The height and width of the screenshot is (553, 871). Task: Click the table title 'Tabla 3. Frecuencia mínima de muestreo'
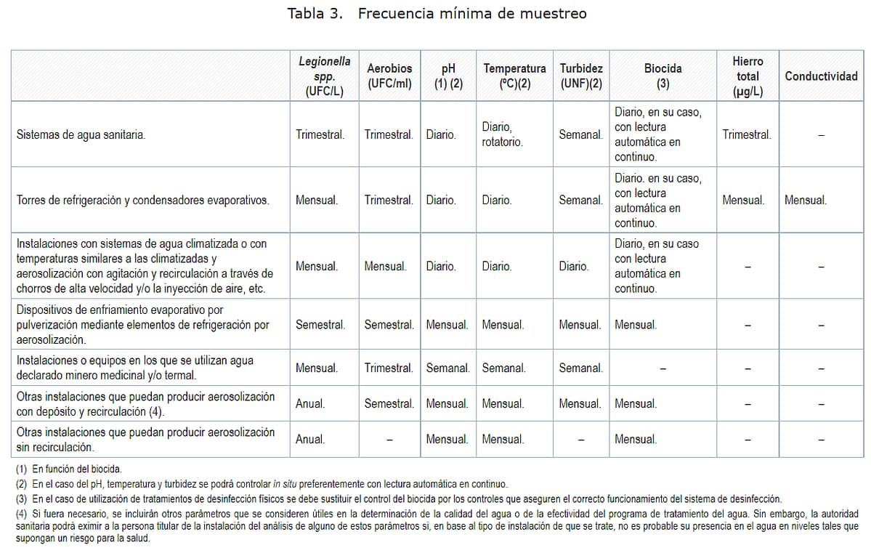point(437,14)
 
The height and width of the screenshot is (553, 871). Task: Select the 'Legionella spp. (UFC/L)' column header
point(324,76)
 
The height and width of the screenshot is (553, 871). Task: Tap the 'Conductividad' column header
point(821,76)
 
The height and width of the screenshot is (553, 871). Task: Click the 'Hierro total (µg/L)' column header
point(748,76)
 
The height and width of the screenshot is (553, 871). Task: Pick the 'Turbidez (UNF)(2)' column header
point(581,76)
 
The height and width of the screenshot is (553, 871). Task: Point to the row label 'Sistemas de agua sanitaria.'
point(81,135)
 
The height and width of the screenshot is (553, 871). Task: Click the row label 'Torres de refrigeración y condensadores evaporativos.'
point(143,201)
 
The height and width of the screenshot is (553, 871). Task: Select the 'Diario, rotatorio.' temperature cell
point(502,135)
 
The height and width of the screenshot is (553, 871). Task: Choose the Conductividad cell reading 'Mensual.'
point(806,201)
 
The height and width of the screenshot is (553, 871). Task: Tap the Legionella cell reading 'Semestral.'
point(320,325)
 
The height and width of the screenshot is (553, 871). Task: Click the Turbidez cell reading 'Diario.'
point(574,267)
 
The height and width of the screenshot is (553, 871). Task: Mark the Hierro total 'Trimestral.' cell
point(747,135)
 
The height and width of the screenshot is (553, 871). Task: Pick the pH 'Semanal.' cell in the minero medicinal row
point(447,368)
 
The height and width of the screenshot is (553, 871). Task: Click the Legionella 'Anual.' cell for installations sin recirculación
point(310,440)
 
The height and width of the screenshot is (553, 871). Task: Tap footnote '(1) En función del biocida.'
point(69,469)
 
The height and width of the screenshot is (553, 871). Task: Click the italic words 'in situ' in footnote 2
point(285,485)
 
